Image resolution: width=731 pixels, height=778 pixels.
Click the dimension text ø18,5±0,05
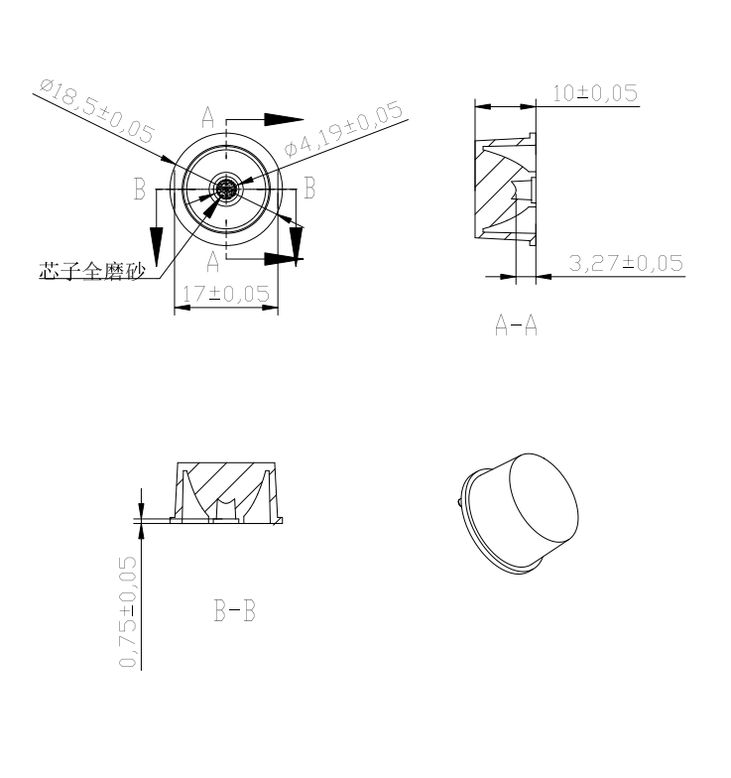coord(97,110)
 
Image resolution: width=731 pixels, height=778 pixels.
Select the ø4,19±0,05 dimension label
coord(343,129)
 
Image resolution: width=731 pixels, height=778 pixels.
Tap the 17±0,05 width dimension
coord(226,294)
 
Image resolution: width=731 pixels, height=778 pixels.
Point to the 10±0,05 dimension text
coord(595,93)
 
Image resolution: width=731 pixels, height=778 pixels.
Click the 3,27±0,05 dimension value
coord(626,263)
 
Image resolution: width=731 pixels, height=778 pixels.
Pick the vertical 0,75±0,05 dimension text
coord(127,611)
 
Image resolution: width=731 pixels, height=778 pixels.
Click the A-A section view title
coord(516,325)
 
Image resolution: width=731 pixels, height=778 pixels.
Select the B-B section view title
coord(234,611)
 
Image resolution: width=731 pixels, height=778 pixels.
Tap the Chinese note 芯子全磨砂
coord(92,271)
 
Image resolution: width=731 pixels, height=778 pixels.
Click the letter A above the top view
coord(208,117)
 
